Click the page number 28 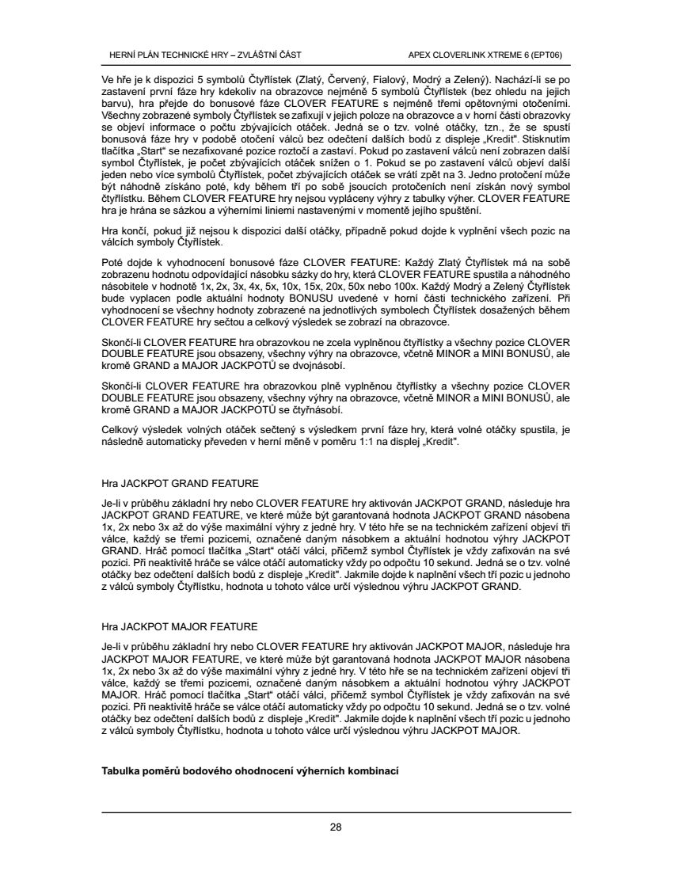(x=336, y=827)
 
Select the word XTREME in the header (x=496, y=55)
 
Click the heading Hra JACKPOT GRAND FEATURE (x=179, y=482)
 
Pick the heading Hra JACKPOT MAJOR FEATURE (x=179, y=626)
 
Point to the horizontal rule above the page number (x=336, y=812)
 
